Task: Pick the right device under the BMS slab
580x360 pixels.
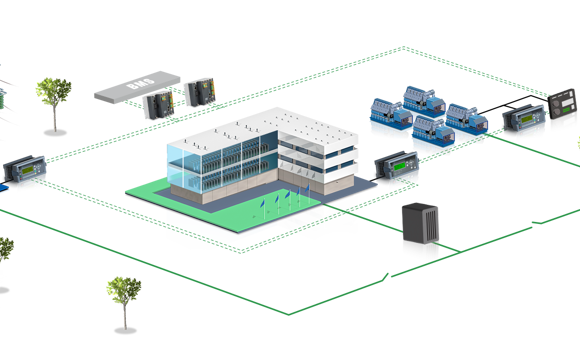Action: pyautogui.click(x=201, y=93)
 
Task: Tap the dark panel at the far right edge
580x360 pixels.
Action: pyautogui.click(x=564, y=109)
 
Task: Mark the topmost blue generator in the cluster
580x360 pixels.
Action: pyautogui.click(x=423, y=101)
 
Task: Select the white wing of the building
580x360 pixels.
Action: pyautogui.click(x=319, y=150)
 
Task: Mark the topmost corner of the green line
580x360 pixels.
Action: pyautogui.click(x=403, y=46)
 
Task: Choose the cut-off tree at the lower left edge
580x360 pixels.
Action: pyautogui.click(x=6, y=250)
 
